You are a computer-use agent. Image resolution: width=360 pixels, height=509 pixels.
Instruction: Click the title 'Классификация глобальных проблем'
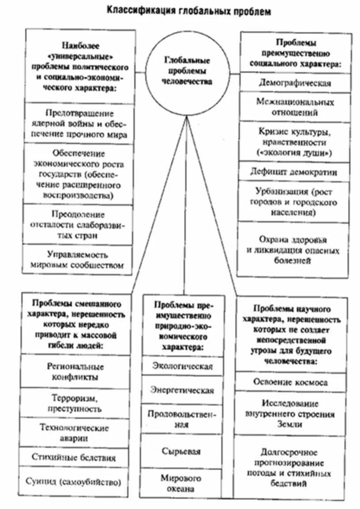tap(188, 11)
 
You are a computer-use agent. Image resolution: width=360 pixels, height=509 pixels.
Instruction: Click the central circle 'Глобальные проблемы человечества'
tap(187, 71)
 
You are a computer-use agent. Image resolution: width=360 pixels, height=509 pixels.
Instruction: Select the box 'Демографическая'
tap(295, 83)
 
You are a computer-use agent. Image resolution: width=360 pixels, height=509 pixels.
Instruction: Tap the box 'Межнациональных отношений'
tap(295, 107)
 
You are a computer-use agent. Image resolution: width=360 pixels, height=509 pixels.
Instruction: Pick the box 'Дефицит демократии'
tap(295, 172)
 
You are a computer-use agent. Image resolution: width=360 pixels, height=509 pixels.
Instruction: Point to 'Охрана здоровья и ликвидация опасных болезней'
tap(293, 250)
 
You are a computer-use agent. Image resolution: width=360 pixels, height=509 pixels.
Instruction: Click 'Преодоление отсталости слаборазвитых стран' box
tap(78, 225)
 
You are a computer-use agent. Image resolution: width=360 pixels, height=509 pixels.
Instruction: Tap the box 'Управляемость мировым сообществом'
tap(78, 260)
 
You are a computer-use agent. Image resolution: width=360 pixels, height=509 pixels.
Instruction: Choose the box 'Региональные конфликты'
tap(75, 371)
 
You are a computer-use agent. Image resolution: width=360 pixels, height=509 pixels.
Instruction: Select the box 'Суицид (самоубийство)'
tap(73, 481)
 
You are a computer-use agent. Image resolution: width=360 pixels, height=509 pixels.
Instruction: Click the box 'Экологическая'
tap(182, 366)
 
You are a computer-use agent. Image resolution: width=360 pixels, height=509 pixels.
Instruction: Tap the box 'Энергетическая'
tap(182, 390)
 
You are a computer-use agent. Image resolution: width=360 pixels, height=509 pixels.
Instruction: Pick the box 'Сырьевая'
tap(181, 451)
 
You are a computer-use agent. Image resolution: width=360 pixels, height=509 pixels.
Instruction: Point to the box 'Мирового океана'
tap(181, 483)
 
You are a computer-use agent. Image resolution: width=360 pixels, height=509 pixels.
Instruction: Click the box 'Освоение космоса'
tap(290, 382)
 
